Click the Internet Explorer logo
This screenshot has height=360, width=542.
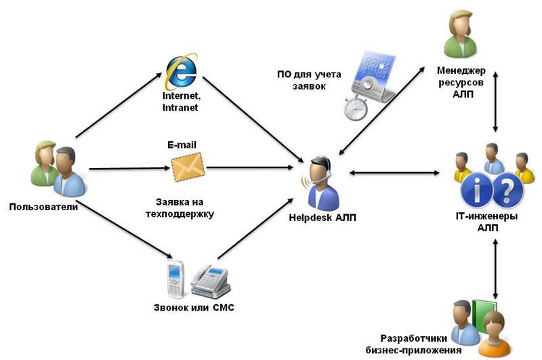[x=182, y=71]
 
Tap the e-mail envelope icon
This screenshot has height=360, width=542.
[x=188, y=167]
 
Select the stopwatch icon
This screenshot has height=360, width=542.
[x=355, y=108]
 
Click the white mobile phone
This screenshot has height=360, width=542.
[x=176, y=279]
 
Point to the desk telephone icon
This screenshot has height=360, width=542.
[x=211, y=281]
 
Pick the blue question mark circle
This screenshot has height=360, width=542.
[x=507, y=190]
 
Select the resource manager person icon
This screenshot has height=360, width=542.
[x=460, y=35]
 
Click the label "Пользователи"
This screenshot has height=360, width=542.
[x=43, y=207]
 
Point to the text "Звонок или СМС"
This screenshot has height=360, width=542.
[x=194, y=307]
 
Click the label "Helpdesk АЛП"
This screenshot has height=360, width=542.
[x=322, y=218]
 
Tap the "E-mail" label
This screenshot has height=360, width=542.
[x=182, y=144]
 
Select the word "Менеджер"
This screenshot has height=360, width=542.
[x=461, y=71]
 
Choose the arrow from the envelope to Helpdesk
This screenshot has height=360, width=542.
[x=249, y=167]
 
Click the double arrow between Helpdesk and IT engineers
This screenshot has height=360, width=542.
[x=394, y=172]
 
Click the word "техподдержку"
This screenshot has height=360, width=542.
[x=180, y=214]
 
